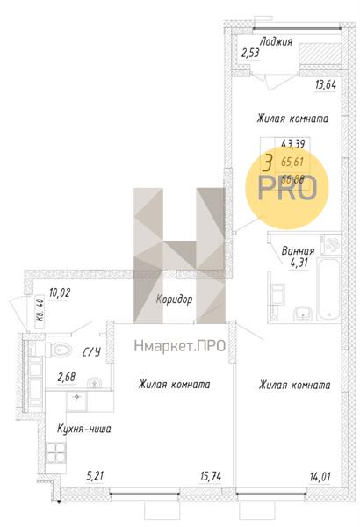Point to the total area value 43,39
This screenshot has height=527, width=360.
[x=292, y=145]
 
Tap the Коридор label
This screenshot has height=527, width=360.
[x=174, y=300]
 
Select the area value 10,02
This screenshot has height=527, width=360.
[x=60, y=292]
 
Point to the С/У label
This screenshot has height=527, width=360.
[x=90, y=352]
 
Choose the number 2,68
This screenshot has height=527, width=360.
[x=67, y=378]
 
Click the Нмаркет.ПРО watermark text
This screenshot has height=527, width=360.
[x=179, y=345]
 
